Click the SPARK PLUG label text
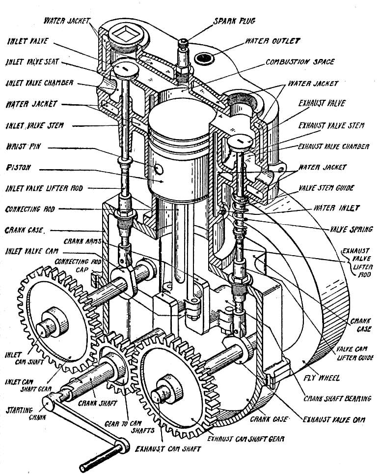(234, 21)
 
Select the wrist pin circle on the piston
(159, 169)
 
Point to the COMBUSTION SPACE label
(300, 62)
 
